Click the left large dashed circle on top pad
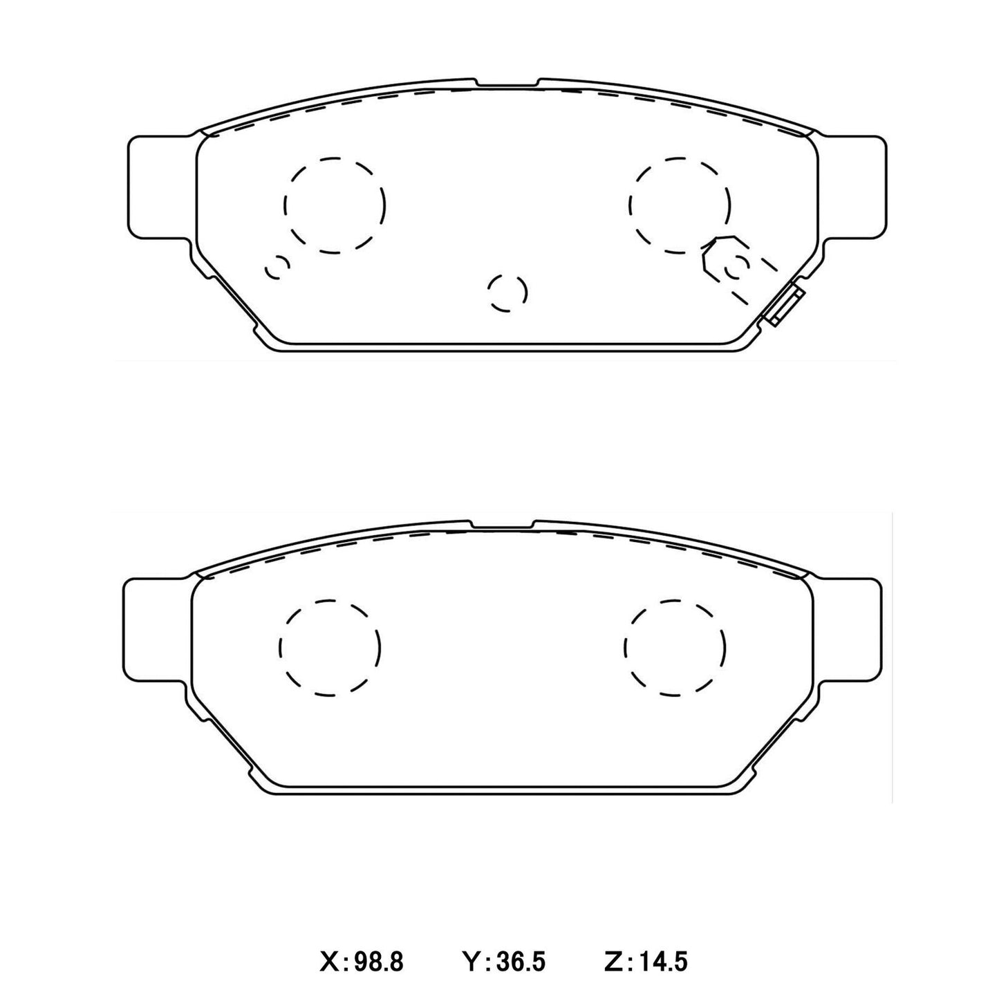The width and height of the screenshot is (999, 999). (x=335, y=205)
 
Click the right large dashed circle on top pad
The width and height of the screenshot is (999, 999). (x=680, y=205)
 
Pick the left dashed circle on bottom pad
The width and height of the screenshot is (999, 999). (x=330, y=647)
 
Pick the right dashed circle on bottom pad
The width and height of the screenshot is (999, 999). (x=675, y=647)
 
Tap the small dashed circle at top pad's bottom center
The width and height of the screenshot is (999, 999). (x=507, y=292)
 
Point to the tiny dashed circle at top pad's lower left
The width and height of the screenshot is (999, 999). (x=278, y=268)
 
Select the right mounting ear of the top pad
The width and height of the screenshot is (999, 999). (x=853, y=188)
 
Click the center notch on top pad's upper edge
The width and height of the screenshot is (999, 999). (x=507, y=84)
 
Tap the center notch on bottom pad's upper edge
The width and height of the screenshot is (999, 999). (x=503, y=526)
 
